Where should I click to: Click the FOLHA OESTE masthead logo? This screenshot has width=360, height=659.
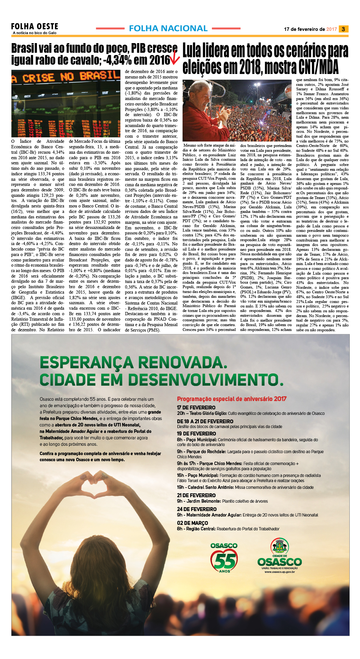pos(34,26)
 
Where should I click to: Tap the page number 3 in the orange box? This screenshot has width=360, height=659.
pos(343,29)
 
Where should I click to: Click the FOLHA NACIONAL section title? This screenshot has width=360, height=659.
pos(168,29)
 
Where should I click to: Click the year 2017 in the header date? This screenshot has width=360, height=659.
pos(331,29)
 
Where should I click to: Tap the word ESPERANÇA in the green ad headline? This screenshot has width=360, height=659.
pos(85,362)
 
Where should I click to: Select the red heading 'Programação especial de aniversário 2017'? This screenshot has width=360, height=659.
pos(231,399)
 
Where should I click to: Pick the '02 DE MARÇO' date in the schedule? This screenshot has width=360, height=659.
pos(192,523)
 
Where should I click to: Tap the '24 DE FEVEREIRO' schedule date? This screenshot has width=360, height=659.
pos(197,509)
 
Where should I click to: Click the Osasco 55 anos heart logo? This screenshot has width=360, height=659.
pos(224,558)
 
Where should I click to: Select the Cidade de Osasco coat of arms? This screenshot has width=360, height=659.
pos(279,546)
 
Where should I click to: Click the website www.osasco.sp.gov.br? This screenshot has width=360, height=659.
pos(279,572)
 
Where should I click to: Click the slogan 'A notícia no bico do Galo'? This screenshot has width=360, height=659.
pos(35,33)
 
